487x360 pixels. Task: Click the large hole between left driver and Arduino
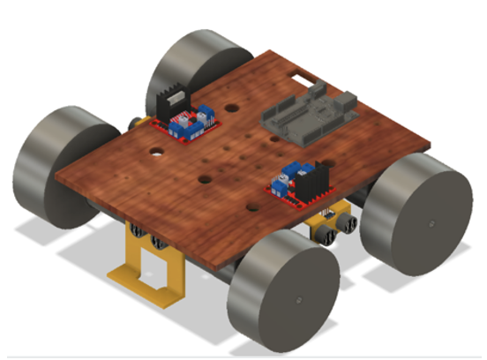[231, 107]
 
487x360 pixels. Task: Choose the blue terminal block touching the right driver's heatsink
[291, 173]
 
